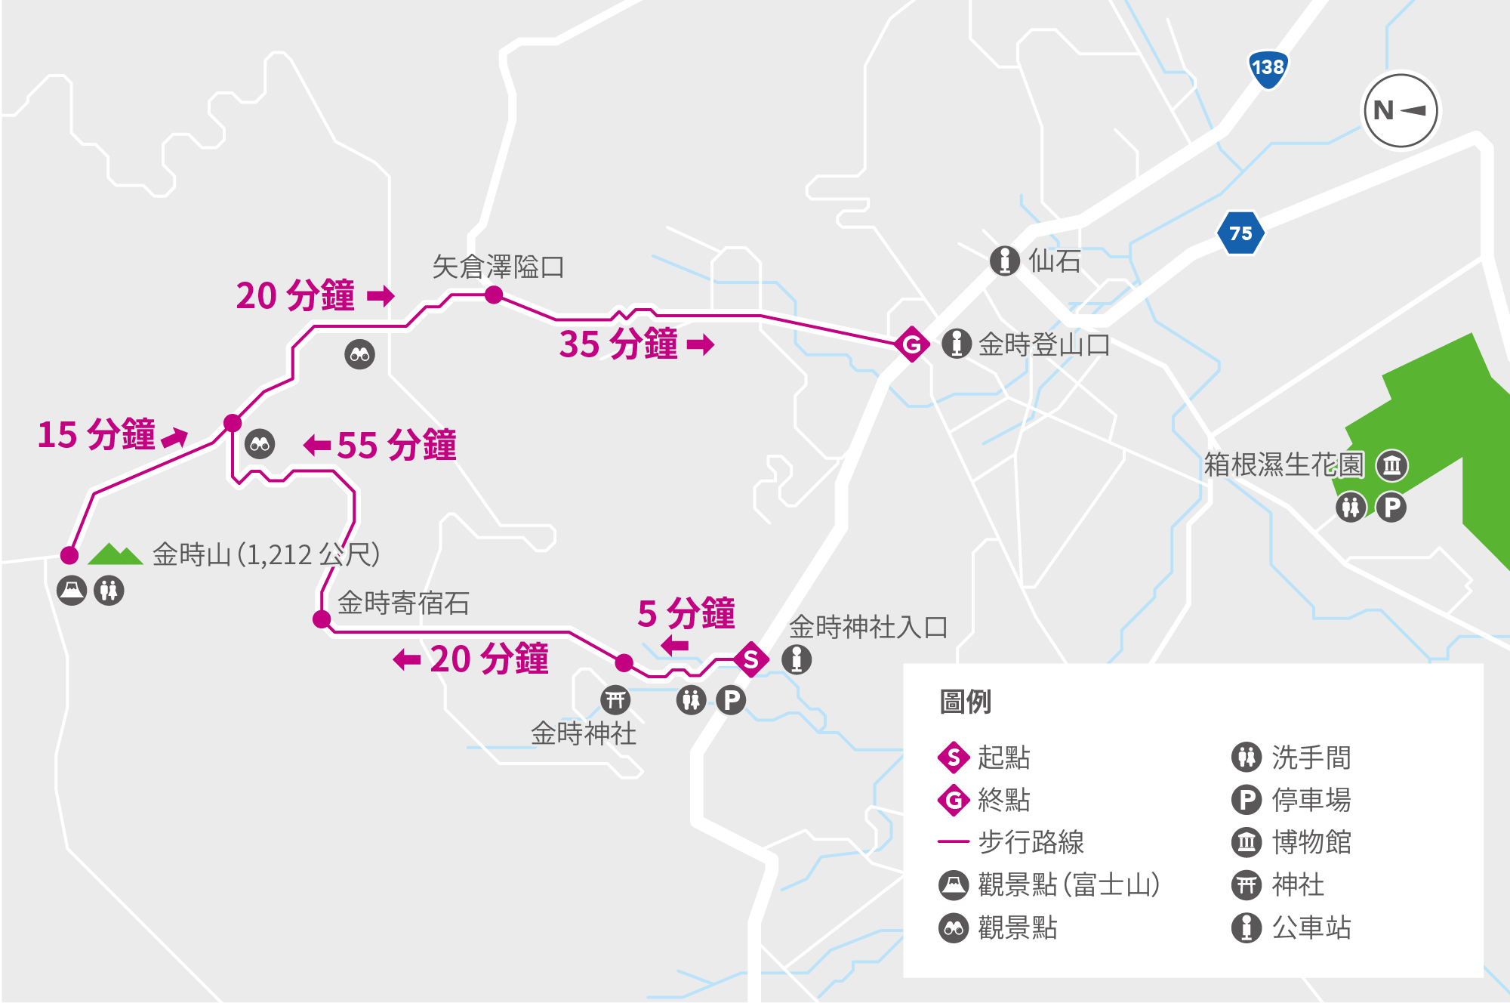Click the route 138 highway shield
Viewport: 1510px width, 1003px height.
point(1268,69)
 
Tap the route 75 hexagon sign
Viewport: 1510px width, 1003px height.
point(1240,233)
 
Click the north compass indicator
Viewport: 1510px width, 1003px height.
point(1401,111)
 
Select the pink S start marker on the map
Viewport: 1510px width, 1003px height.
point(750,659)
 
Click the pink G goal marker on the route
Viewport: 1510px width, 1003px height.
point(912,344)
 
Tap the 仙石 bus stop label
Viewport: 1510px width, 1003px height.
point(1054,261)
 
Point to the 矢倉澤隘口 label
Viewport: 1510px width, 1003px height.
point(498,267)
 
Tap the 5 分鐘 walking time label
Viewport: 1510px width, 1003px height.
point(686,613)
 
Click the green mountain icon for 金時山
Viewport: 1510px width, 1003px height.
point(115,554)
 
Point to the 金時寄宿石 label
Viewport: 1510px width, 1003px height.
point(403,603)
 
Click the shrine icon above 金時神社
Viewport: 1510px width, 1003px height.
point(615,700)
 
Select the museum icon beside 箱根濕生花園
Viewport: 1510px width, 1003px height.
point(1392,465)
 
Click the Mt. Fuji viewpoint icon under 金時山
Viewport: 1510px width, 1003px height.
point(72,590)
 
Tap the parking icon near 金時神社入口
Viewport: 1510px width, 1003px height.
point(731,700)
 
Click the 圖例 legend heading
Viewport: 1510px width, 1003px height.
point(965,702)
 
